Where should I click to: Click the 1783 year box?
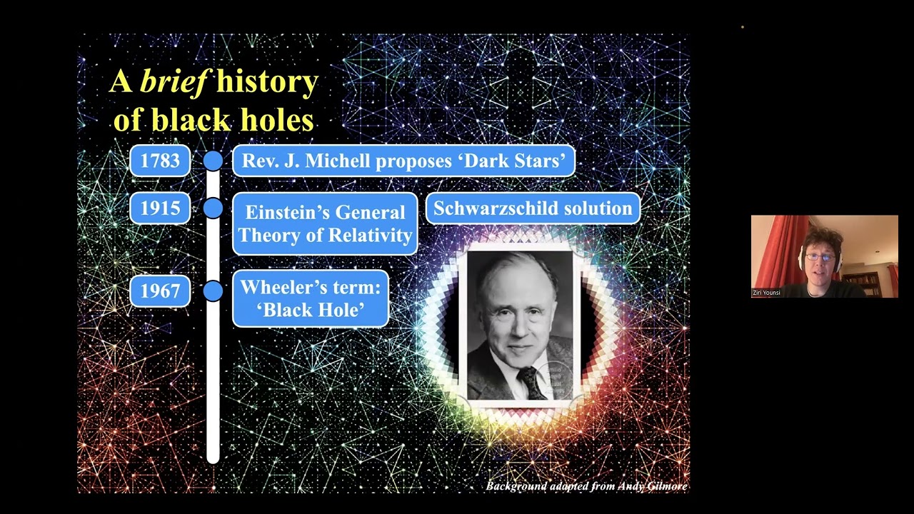[160, 161]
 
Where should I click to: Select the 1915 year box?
[160, 208]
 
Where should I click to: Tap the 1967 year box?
[160, 291]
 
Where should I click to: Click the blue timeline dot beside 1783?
[213, 161]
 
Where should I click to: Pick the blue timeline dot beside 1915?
[213, 208]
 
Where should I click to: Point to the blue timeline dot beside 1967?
[213, 291]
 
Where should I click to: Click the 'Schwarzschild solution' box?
[533, 208]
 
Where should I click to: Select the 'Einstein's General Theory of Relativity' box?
[325, 223]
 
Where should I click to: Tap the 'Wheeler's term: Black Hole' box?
[311, 298]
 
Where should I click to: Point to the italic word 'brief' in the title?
[174, 82]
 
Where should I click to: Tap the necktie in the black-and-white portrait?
[531, 381]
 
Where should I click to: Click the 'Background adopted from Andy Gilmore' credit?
[586, 486]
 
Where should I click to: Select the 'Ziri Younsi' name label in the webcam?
[766, 293]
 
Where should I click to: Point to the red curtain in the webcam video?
[775, 250]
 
